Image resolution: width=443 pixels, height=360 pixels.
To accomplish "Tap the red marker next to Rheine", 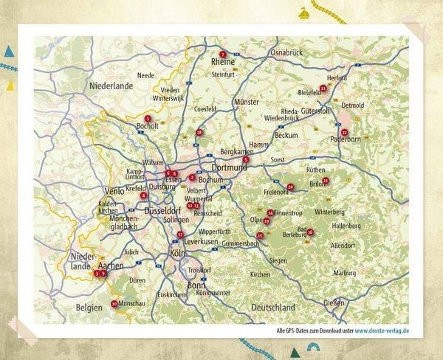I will click(222, 54).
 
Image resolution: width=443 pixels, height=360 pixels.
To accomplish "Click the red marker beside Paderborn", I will click(344, 132).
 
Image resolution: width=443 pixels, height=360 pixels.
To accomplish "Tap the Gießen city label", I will click(334, 302).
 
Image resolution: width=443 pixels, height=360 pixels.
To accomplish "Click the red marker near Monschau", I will click(114, 303).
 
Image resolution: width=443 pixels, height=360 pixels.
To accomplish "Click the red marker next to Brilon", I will click(326, 180).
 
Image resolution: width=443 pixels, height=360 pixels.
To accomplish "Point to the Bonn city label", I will click(196, 285).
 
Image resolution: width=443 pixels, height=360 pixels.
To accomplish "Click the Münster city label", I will click(247, 101).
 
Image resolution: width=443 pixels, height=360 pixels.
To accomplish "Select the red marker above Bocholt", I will click(148, 118).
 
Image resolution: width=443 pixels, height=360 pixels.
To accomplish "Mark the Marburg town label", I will click(344, 273).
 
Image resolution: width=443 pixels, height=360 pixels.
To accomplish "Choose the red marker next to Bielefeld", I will click(323, 88).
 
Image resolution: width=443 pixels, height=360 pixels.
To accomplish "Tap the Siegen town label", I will click(278, 260).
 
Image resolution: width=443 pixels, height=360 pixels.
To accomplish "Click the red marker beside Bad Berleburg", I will click(309, 232).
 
